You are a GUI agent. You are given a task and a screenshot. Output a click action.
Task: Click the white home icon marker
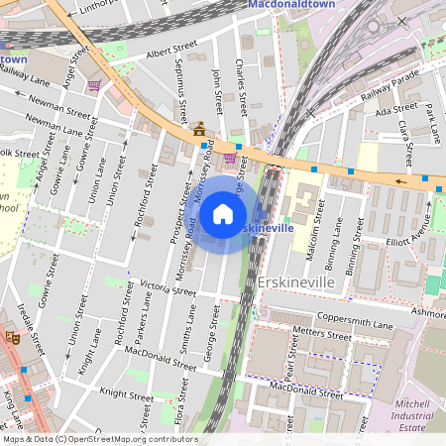(223, 214)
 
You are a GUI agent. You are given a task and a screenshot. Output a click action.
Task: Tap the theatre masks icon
(12, 337)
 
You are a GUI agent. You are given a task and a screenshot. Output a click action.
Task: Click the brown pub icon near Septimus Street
(199, 128)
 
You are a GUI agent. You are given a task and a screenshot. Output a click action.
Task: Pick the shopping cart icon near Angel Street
(94, 86)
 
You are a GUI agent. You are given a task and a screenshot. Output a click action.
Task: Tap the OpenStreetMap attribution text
(99, 439)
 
